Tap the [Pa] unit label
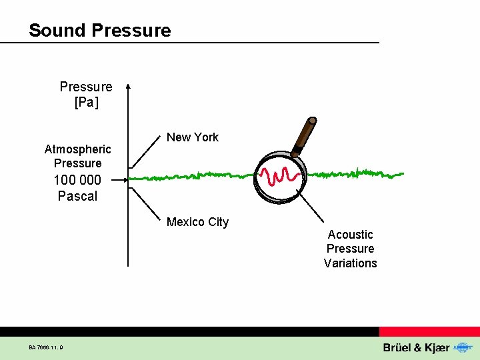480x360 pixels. (x=86, y=102)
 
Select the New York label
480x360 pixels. (x=192, y=137)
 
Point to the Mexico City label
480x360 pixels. (x=197, y=222)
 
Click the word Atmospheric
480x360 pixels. (x=77, y=149)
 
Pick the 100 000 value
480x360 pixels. (x=77, y=180)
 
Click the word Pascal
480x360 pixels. (x=77, y=196)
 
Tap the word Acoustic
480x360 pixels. (x=350, y=235)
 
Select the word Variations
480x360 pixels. (x=350, y=263)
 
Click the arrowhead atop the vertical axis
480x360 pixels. (x=129, y=86)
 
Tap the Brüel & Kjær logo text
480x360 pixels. (x=416, y=348)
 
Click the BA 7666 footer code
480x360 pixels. (x=46, y=347)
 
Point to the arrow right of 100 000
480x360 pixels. (x=120, y=179)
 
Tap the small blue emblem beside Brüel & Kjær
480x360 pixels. (x=461, y=347)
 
